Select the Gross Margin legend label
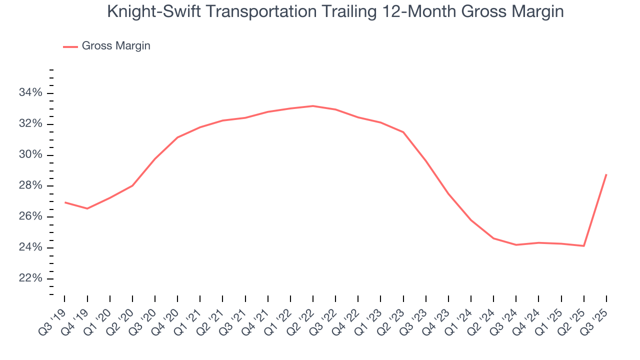coord(116,46)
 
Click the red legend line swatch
coord(70,46)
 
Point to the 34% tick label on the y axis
coord(30,93)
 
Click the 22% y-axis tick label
coord(30,278)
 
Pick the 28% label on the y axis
coord(30,186)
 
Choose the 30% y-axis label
coord(30,155)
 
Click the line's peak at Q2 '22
coord(313,106)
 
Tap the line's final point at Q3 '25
coord(606,174)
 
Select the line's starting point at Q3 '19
coord(65,202)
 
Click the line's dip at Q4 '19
coord(87,208)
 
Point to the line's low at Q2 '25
coord(583,246)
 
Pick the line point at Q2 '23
coord(403,132)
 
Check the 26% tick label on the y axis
coord(30,217)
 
